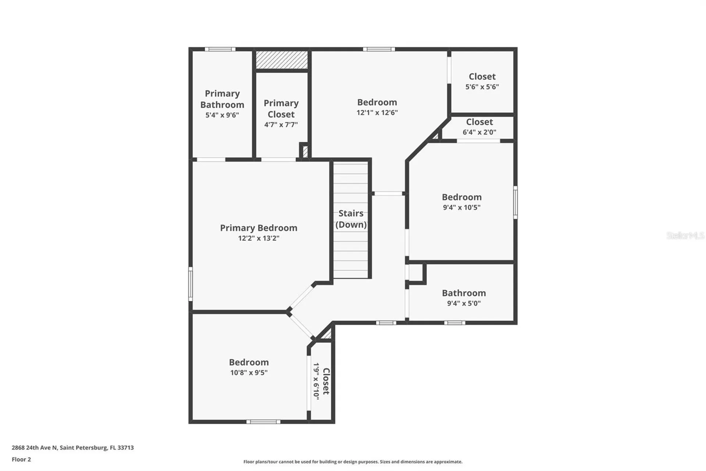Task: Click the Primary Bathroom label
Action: pyautogui.click(x=222, y=99)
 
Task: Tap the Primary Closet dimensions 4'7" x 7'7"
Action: pyautogui.click(x=281, y=125)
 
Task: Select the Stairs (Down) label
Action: pyautogui.click(x=351, y=219)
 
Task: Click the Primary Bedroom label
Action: pyautogui.click(x=258, y=228)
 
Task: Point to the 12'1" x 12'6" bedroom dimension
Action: pyautogui.click(x=377, y=113)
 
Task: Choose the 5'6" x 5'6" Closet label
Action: pyautogui.click(x=482, y=77)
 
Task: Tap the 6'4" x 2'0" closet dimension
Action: pyautogui.click(x=479, y=132)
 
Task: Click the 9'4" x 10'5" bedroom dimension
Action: pyautogui.click(x=461, y=207)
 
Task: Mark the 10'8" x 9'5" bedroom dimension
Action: pyautogui.click(x=249, y=373)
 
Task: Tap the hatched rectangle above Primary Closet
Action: pyautogui.click(x=282, y=60)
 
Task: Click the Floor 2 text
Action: pyautogui.click(x=21, y=459)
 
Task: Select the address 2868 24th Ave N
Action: pyautogui.click(x=34, y=447)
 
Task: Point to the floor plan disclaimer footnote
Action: pyautogui.click(x=353, y=461)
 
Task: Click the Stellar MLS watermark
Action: pyautogui.click(x=685, y=235)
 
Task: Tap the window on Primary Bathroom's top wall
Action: pyautogui.click(x=220, y=49)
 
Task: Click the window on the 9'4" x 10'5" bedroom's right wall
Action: pyautogui.click(x=515, y=203)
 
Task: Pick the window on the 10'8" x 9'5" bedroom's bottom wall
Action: pyautogui.click(x=263, y=422)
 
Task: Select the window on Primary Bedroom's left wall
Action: pyautogui.click(x=190, y=284)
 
